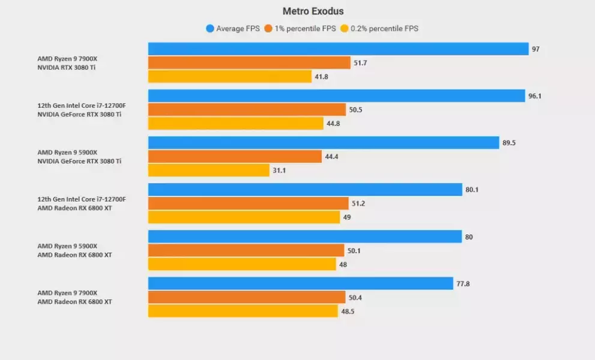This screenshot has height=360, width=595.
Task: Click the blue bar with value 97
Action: point(338,49)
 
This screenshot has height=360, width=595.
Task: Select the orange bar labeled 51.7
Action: point(249,63)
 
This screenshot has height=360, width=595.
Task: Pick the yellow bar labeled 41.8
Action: point(230,77)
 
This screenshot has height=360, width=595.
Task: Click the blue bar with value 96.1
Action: point(336,96)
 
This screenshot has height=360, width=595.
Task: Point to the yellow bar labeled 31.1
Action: point(209,170)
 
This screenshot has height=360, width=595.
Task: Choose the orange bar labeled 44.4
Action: point(235,157)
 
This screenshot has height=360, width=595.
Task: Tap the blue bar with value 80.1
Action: point(305,190)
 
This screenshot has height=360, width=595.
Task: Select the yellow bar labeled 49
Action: point(244,217)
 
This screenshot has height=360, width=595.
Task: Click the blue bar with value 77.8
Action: point(300,283)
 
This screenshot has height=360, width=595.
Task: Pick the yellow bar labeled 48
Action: point(242,264)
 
